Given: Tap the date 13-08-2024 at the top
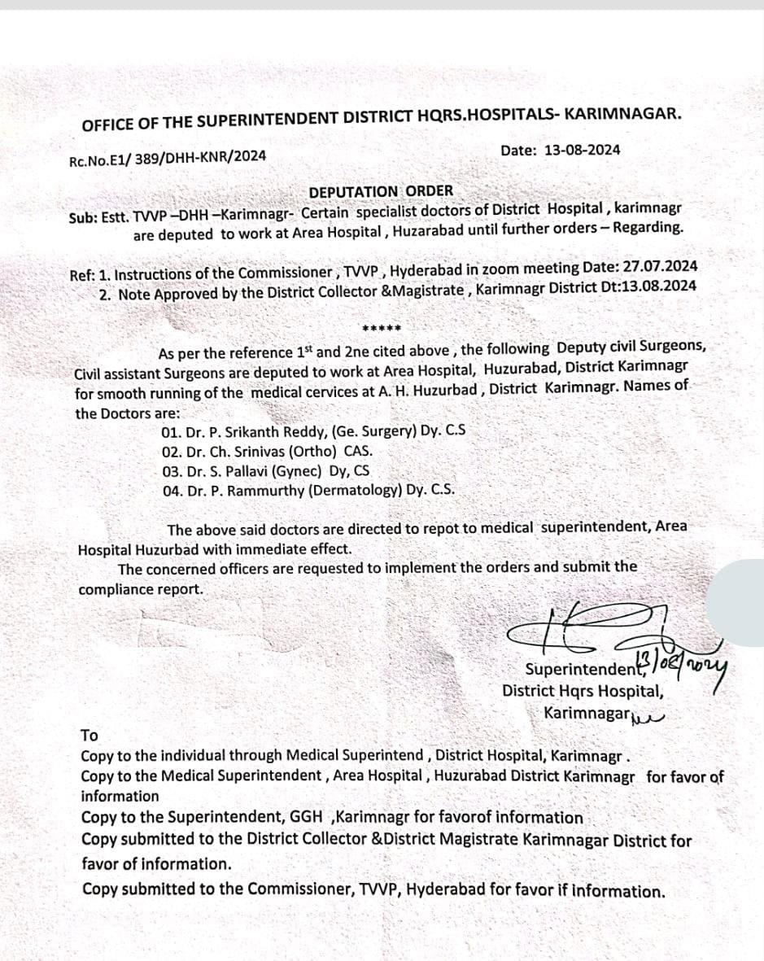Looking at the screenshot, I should pyautogui.click(x=583, y=150).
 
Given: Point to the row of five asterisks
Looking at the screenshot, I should pyautogui.click(x=381, y=330).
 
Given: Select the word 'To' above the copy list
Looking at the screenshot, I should pyautogui.click(x=89, y=736).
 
